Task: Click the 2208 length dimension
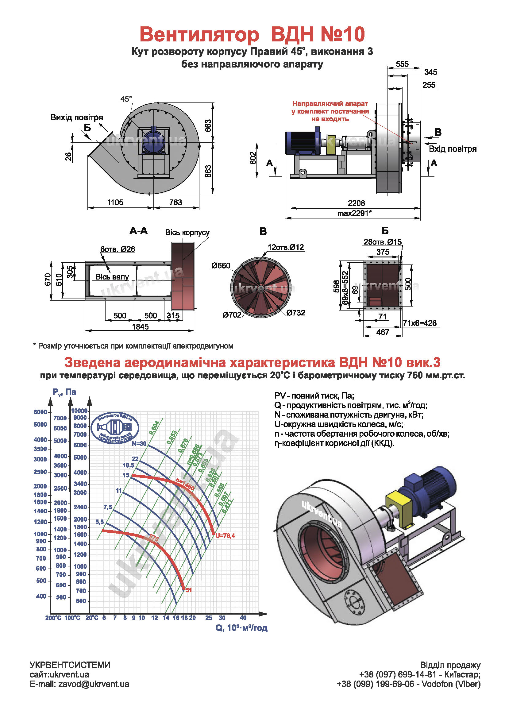356,203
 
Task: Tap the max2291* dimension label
354,213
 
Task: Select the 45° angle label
126,99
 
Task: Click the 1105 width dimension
115,203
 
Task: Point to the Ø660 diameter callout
221,266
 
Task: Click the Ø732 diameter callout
296,313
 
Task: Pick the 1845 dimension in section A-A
140,326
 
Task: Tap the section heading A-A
139,231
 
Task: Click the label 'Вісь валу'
112,277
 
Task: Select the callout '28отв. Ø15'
383,242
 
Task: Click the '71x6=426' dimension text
419,323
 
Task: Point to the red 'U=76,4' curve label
225,535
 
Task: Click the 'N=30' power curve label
139,444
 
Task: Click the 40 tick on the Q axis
243,618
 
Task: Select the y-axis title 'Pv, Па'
64,392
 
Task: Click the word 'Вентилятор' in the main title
199,34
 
